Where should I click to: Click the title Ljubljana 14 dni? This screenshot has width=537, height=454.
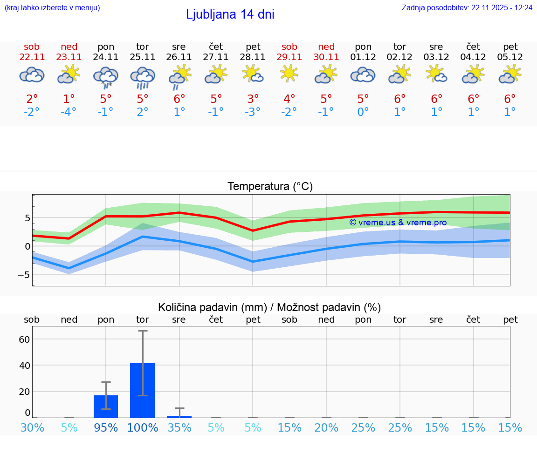[230, 14]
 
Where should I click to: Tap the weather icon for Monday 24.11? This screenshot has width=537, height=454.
[106, 77]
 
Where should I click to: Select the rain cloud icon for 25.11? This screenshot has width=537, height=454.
[143, 77]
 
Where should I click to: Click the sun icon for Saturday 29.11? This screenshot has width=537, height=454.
[289, 74]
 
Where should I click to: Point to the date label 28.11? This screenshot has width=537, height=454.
[253, 57]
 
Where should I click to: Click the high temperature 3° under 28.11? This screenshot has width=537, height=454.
[253, 99]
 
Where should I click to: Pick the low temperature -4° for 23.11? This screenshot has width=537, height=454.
[69, 112]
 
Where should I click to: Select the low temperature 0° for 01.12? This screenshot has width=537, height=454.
[363, 112]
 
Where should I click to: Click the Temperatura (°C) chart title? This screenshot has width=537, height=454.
[270, 187]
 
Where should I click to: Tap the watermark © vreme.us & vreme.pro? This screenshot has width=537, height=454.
[398, 223]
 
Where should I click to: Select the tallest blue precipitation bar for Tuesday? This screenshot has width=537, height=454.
[143, 390]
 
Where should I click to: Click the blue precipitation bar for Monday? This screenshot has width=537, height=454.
[106, 406]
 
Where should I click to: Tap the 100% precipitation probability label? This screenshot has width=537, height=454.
[143, 427]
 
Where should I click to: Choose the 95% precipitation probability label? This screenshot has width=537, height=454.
[106, 427]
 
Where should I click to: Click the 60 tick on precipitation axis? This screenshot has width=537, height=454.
[24, 339]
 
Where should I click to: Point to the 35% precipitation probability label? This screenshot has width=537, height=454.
[179, 427]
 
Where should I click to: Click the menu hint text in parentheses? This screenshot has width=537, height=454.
[52, 8]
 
